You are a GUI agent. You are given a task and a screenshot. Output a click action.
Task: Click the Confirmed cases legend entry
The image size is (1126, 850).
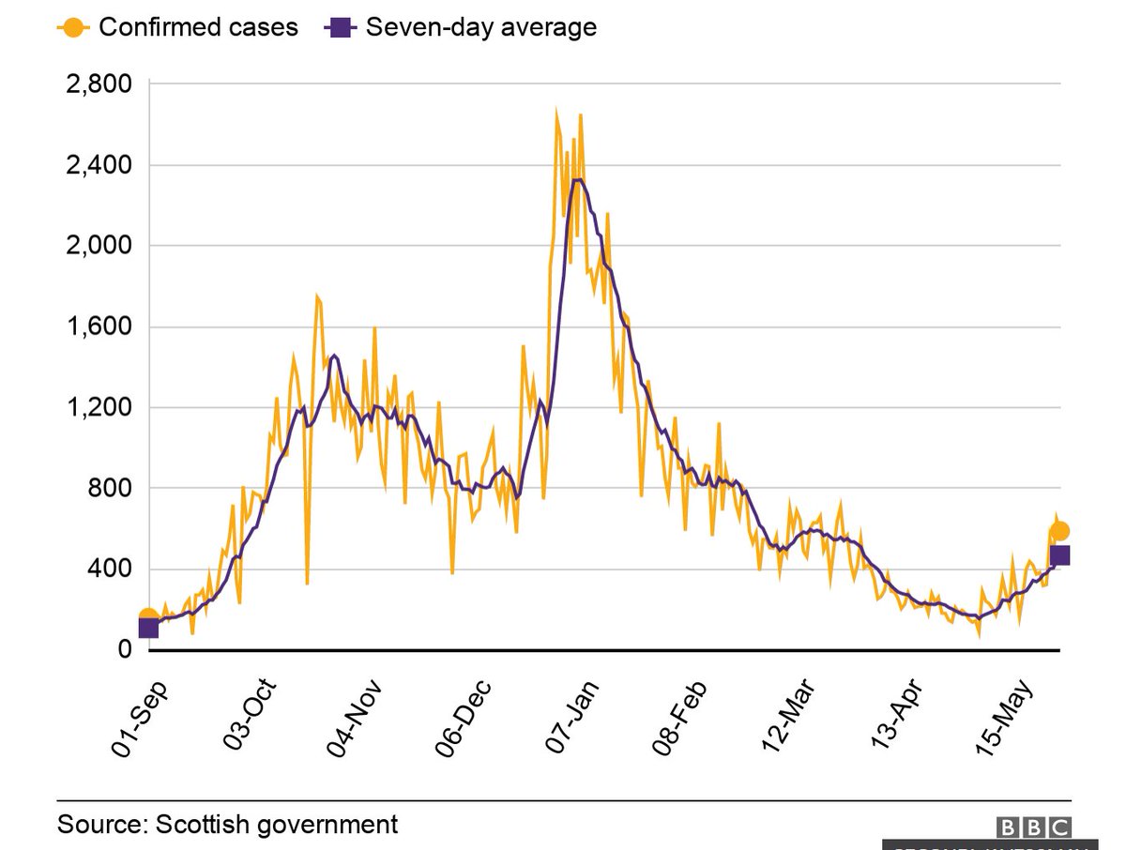[178, 27]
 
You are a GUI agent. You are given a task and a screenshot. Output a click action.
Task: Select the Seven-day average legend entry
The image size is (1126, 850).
[462, 27]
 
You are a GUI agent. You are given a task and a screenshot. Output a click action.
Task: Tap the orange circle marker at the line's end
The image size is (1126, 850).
[1059, 531]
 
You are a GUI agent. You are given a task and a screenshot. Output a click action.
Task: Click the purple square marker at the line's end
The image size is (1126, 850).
[1059, 555]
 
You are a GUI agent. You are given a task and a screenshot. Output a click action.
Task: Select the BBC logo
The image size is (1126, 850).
[1032, 827]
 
